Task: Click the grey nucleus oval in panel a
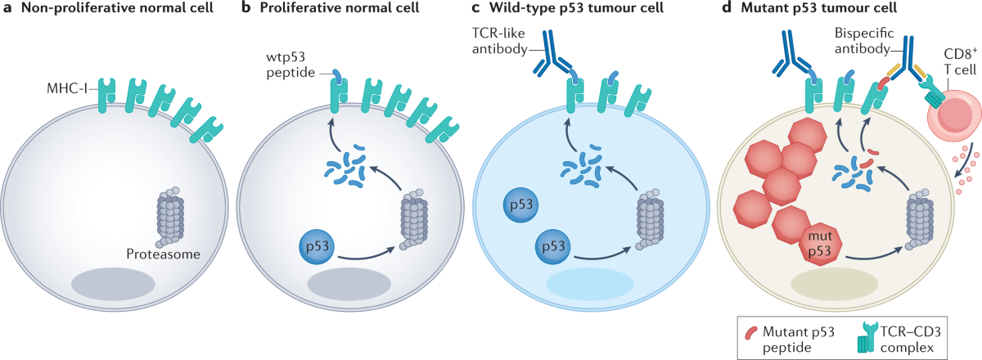[114, 285]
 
